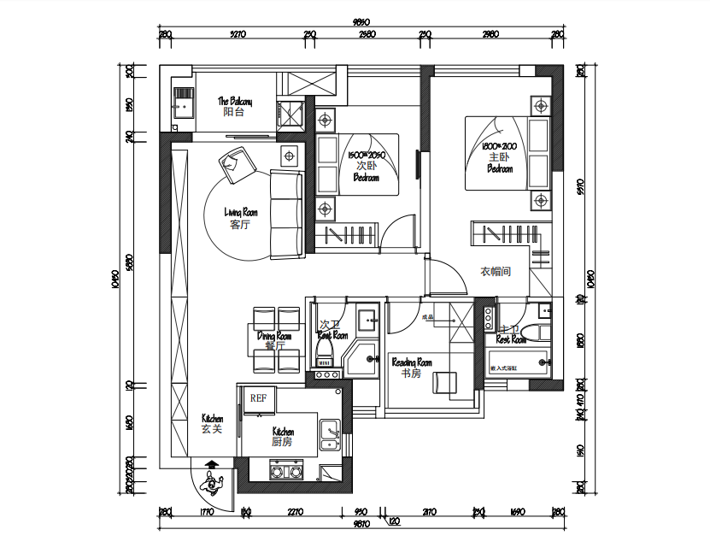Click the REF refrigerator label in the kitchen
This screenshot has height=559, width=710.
pyautogui.click(x=258, y=397)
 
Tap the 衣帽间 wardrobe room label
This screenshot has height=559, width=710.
pyautogui.click(x=495, y=272)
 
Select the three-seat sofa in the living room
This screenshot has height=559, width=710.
pyautogui.click(x=286, y=214)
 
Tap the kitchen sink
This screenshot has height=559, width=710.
pyautogui.click(x=329, y=434)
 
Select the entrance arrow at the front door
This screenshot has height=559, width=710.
pyautogui.click(x=211, y=466)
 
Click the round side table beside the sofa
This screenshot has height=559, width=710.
pyautogui.click(x=289, y=156)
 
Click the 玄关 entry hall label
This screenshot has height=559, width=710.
pyautogui.click(x=212, y=429)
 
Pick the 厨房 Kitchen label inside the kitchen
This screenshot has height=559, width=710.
pyautogui.click(x=283, y=443)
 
